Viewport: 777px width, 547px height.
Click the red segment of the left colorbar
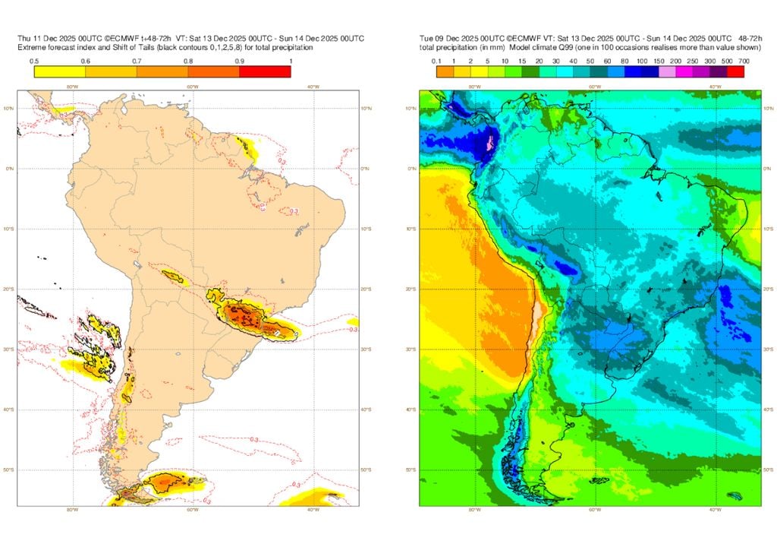coord(265,72)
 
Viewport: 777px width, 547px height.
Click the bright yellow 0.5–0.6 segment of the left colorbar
coord(60,72)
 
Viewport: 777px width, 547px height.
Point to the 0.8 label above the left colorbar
coord(188,61)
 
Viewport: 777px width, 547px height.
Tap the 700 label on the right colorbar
coord(743,61)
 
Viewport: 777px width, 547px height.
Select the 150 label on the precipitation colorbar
coord(659,61)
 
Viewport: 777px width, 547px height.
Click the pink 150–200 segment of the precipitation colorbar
coord(668,72)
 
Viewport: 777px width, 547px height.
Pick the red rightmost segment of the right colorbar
coord(735,72)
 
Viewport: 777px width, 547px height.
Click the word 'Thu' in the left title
coord(25,38)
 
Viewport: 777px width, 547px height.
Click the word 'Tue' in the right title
coord(426,38)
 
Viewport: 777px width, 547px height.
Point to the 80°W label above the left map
coord(72,87)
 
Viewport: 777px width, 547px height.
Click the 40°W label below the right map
coord(716,511)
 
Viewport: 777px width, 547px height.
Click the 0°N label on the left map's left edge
coord(11,169)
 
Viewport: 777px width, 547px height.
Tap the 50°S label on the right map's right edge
coord(767,470)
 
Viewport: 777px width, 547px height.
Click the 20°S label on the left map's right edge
coord(366,289)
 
